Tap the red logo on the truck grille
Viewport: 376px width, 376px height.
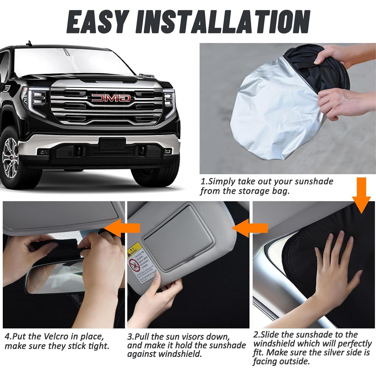pos(111,98)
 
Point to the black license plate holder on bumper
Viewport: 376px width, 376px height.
pos(112,144)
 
